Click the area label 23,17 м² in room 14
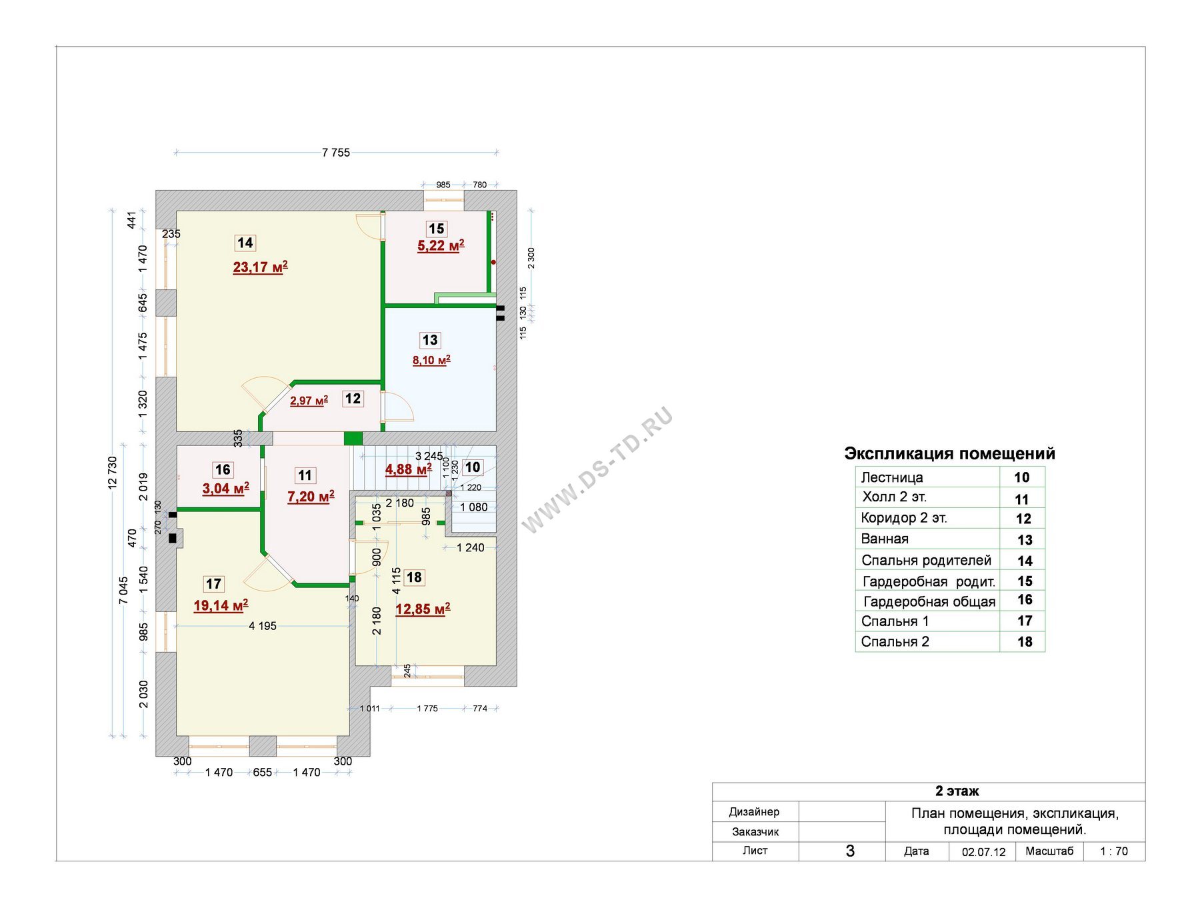tap(260, 267)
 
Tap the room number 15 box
tap(436, 229)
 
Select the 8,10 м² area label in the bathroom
tap(431, 361)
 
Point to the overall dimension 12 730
tap(112, 473)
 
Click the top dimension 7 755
tap(336, 153)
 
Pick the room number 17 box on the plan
tap(213, 584)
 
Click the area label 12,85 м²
tap(423, 609)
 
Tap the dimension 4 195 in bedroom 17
tap(263, 626)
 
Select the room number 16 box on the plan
tap(223, 469)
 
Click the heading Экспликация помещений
tap(950, 453)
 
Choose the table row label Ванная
tap(885, 539)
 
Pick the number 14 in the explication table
tap(1025, 561)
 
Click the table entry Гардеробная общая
tap(929, 602)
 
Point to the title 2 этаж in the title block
tap(957, 791)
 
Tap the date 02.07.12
tap(984, 852)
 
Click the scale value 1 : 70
tap(1114, 851)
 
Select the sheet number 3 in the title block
tap(850, 851)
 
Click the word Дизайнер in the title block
tap(754, 812)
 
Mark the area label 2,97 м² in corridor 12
tap(309, 401)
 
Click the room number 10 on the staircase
tap(473, 467)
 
